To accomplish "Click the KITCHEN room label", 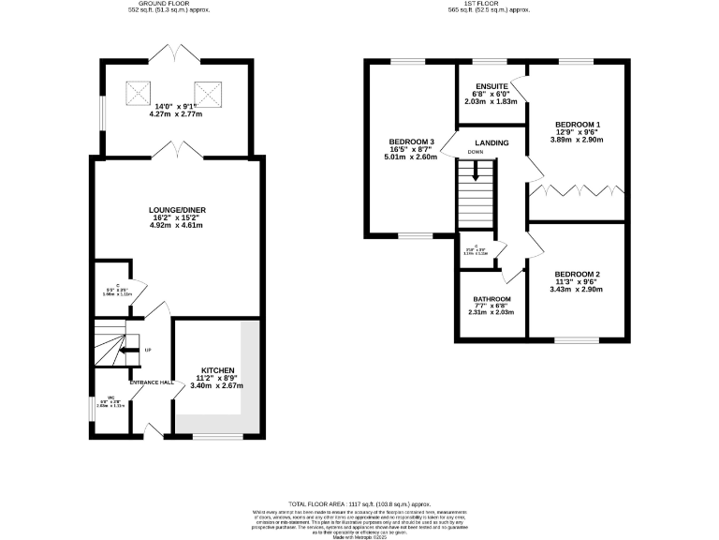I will pos(216,371).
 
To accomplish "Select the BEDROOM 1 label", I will pos(578,126).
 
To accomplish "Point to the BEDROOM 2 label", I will pos(578,275).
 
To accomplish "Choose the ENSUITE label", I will pos(491,86).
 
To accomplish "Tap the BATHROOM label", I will pos(492,298).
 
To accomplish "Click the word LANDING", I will pos(492,142).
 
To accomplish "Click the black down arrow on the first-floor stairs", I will pos(476,172).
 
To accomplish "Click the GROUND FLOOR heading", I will pos(169,5).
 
